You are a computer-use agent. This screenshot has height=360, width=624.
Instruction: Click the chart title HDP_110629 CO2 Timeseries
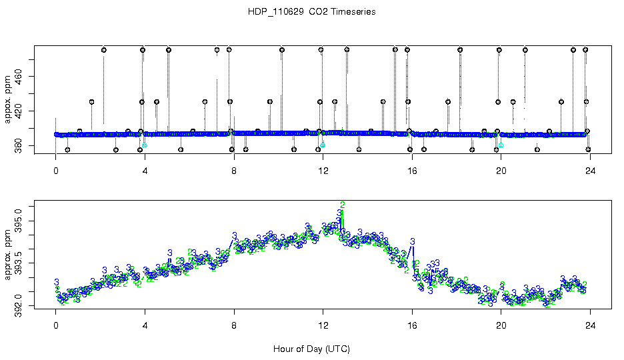[311, 11]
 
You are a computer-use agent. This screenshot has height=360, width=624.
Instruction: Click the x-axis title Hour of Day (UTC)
[311, 349]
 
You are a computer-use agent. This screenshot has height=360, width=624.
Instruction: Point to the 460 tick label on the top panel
[18, 77]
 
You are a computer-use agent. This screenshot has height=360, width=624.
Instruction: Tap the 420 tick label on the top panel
[18, 111]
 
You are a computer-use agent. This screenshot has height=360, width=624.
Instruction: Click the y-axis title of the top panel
[7, 100]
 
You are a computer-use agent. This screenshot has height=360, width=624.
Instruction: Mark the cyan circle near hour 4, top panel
[145, 145]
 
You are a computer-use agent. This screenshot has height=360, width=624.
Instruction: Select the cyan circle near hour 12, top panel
[323, 145]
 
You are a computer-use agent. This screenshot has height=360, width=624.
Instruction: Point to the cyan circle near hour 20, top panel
[501, 145]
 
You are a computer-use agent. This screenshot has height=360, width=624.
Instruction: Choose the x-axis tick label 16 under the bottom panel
[412, 327]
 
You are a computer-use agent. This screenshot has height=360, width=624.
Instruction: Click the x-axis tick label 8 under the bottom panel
[234, 327]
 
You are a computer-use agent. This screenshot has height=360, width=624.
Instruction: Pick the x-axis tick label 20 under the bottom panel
[501, 327]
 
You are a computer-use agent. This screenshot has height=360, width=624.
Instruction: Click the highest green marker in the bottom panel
[343, 205]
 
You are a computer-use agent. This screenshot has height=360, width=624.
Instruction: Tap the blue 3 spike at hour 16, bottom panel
[413, 241]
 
